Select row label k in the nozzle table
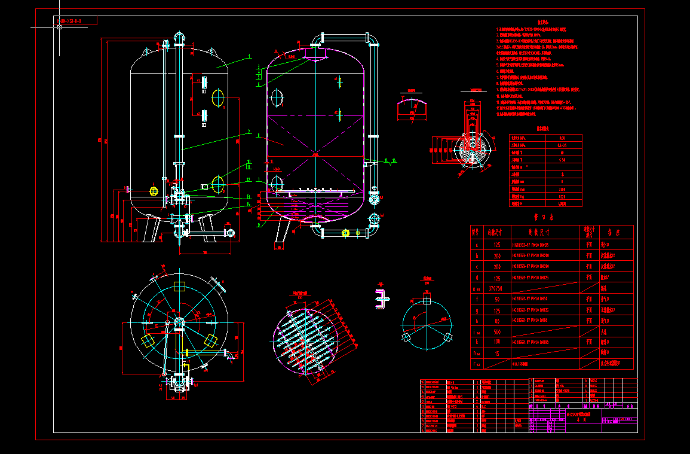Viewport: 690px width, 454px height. pyautogui.click(x=476, y=342)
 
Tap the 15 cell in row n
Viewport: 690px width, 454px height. pyautogui.click(x=496, y=353)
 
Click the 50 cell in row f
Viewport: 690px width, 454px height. pyautogui.click(x=496, y=299)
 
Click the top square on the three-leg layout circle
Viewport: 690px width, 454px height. pyautogui.click(x=427, y=298)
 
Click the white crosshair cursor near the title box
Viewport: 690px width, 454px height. pyautogui.click(x=59, y=26)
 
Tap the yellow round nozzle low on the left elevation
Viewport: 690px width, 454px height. pyautogui.click(x=154, y=191)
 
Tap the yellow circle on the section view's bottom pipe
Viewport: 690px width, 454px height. pyautogui.click(x=345, y=233)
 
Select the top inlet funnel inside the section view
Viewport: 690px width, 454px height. pyautogui.click(x=315, y=58)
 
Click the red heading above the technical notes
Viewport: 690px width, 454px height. pyautogui.click(x=526, y=22)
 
